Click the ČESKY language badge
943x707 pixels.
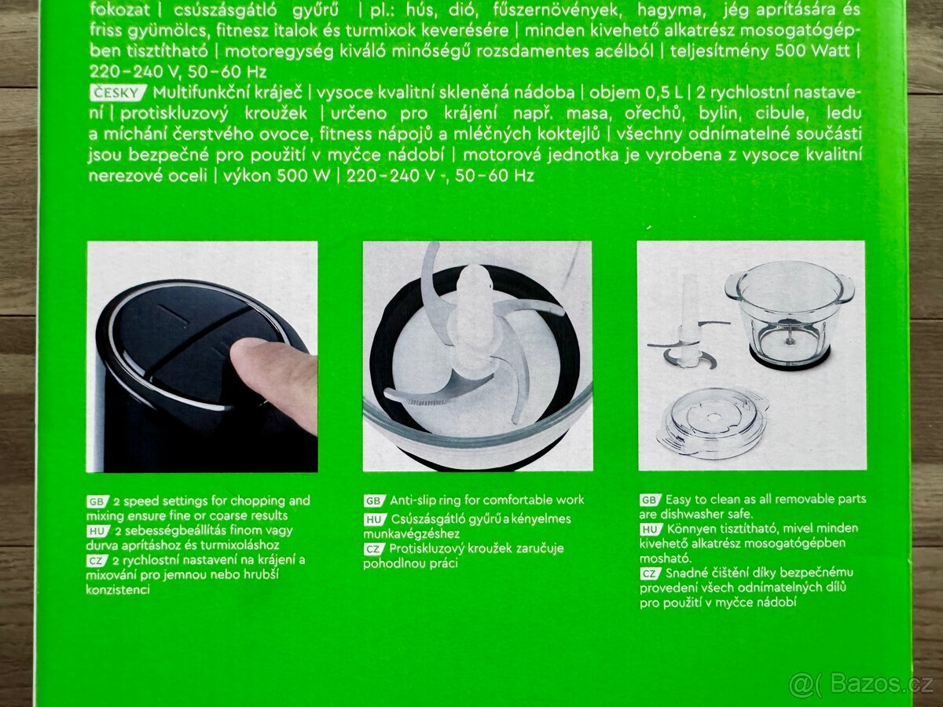point(118,93)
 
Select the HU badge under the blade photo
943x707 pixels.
point(375,519)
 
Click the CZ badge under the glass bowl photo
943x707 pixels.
point(651,574)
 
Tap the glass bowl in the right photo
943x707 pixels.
point(790,317)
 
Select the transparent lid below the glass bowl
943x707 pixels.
point(712,422)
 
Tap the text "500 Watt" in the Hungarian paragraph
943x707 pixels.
point(813,51)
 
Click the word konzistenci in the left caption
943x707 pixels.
point(118,590)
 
